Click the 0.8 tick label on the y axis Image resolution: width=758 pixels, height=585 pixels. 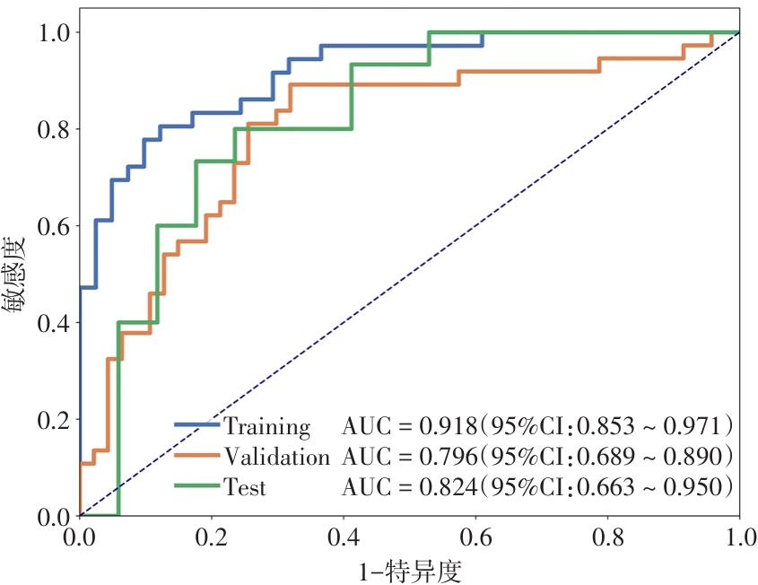point(53,129)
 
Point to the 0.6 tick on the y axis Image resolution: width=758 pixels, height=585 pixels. point(53,226)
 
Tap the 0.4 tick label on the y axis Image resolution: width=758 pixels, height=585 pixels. point(53,323)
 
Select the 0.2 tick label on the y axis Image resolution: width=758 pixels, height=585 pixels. point(53,420)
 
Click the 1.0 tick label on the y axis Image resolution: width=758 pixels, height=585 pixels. point(53,32)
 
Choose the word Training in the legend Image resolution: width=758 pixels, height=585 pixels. point(266,425)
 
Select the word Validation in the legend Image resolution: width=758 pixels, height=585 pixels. point(276,457)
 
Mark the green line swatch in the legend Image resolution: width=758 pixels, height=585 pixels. point(196,485)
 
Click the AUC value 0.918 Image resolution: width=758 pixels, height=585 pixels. point(446,425)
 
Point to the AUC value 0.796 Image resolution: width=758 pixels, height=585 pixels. point(446,457)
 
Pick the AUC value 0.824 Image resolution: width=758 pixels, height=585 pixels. point(446,488)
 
